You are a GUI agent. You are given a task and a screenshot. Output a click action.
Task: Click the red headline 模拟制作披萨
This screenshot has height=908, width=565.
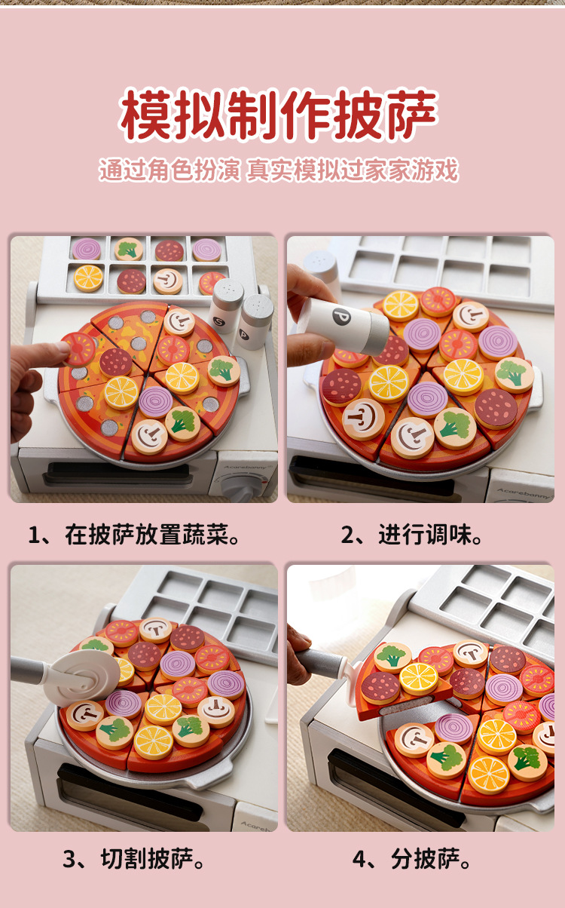(x=279, y=115)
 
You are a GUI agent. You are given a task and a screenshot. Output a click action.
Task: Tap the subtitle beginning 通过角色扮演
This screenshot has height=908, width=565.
(x=279, y=170)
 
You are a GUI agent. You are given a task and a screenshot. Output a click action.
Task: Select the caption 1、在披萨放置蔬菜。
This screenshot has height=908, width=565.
(x=134, y=535)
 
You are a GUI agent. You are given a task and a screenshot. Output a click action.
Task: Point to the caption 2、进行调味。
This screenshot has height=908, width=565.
(x=411, y=535)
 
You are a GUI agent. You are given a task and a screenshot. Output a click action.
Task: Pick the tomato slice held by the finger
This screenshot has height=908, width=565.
(x=78, y=348)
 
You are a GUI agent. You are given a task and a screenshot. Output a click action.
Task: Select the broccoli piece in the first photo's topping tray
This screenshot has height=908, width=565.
(x=128, y=249)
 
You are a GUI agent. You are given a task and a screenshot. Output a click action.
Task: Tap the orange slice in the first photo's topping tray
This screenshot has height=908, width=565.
(x=88, y=278)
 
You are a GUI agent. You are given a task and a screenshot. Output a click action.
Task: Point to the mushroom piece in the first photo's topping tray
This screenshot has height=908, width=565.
(x=168, y=281)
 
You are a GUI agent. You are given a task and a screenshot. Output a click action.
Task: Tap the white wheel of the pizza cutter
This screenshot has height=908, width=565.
(x=82, y=678)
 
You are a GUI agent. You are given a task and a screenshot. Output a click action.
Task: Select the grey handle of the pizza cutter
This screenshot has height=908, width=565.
(x=29, y=668)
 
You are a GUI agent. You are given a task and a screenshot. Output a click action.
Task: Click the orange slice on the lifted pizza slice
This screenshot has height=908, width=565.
(x=418, y=678)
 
